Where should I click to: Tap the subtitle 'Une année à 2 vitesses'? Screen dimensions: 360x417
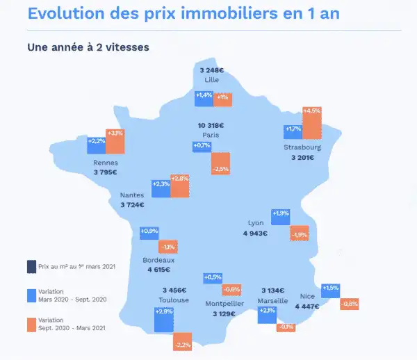pos(88,47)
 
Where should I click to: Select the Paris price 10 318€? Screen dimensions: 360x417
pos(211,125)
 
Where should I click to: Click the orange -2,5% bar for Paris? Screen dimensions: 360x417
pos(220,164)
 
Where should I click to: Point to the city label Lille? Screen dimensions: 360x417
pos(211,80)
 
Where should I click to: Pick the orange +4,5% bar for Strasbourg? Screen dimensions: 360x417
pos(312,123)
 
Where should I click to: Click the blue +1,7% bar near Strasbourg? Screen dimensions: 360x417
pos(293,131)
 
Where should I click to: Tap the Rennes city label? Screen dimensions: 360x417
pos(105,164)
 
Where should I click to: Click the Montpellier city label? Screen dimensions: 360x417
pos(224,304)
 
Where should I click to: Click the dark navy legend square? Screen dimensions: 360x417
pos(31,266)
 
